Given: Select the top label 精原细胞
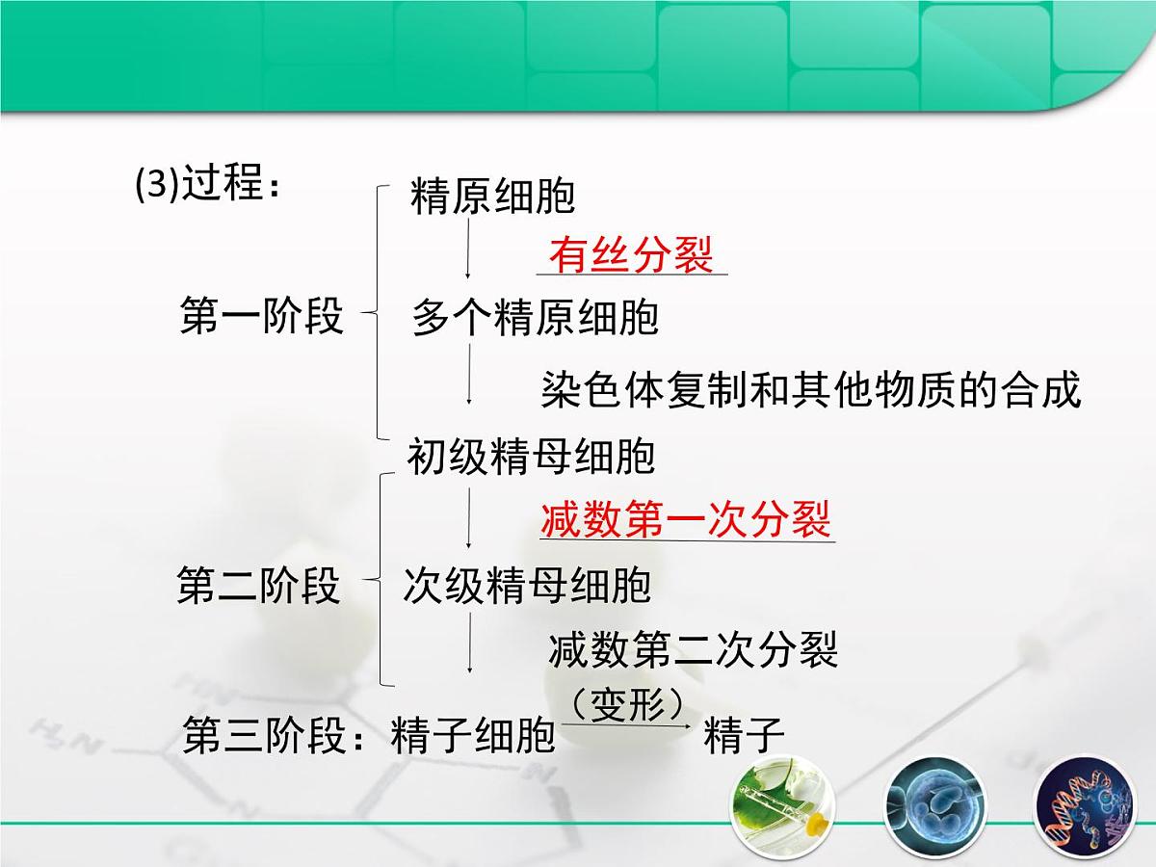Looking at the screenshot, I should click(492, 197).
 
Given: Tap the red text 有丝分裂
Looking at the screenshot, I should click(631, 255).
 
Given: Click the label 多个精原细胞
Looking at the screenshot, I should click(535, 317).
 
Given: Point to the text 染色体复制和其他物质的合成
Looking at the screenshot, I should click(811, 389).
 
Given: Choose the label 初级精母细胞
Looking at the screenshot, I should click(531, 456).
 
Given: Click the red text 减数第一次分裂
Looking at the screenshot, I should click(686, 519).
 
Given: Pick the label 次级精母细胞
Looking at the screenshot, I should click(527, 586).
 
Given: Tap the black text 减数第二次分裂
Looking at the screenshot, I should click(694, 649).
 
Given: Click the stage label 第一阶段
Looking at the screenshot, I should click(262, 315).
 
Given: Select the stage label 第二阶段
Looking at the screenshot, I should click(259, 586).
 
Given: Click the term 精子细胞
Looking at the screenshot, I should click(474, 737).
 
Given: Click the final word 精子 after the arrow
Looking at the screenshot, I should click(745, 737).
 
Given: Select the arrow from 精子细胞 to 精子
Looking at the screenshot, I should click(628, 724).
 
